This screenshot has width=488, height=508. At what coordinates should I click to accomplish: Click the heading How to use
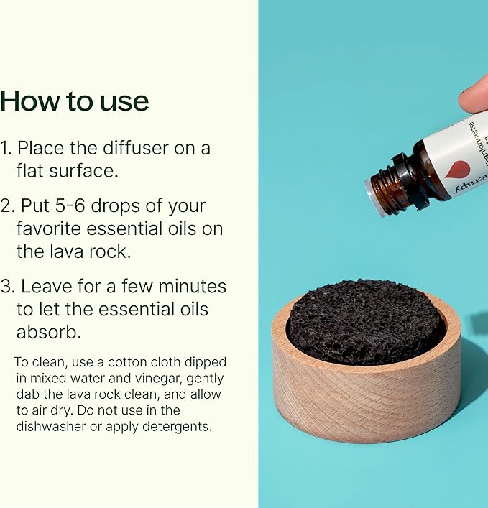pyautogui.click(x=74, y=101)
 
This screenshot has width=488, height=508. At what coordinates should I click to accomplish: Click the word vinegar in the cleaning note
pyautogui.click(x=146, y=379)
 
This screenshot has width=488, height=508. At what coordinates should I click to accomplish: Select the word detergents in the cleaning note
pyautogui.click(x=175, y=426)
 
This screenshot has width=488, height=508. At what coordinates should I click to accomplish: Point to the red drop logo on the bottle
pyautogui.click(x=457, y=169)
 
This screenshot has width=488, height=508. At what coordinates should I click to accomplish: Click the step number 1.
pyautogui.click(x=6, y=148)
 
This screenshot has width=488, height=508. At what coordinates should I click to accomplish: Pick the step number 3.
pyautogui.click(x=6, y=286)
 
